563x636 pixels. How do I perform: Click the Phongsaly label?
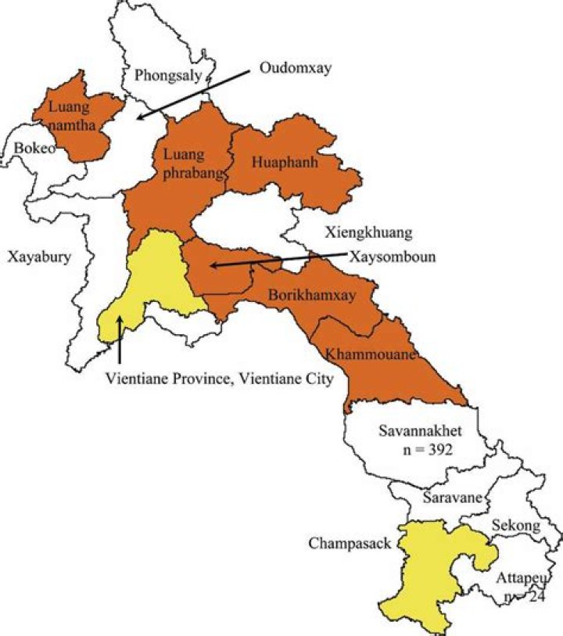(x=169, y=76)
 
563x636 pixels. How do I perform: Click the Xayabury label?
(x=39, y=256)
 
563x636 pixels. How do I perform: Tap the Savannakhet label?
(x=415, y=431)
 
